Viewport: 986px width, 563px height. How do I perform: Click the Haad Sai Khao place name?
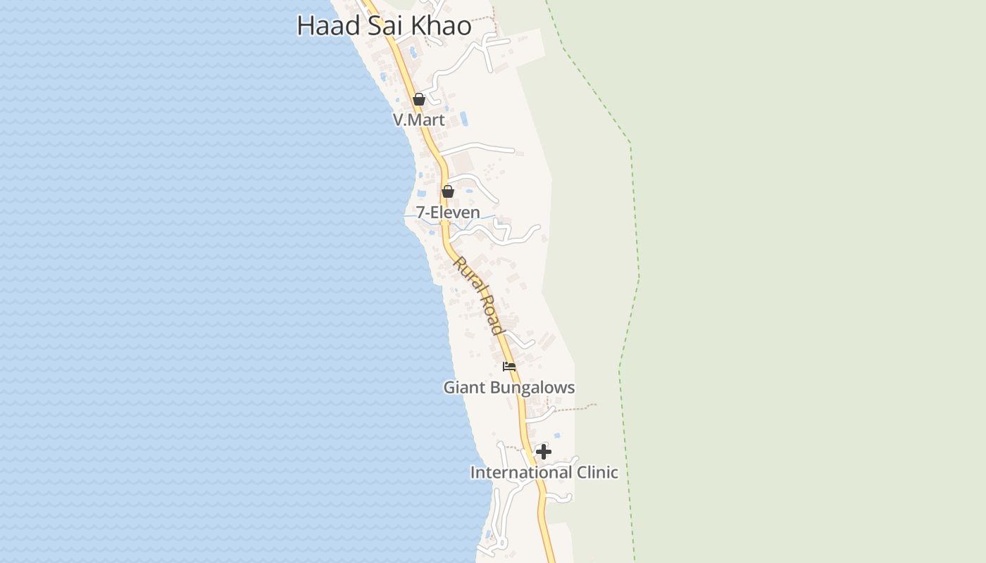point(384,25)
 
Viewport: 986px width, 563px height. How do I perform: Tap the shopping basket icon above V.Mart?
point(419,99)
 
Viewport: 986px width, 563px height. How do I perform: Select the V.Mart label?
point(419,120)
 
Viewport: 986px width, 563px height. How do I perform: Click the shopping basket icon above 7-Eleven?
point(447,191)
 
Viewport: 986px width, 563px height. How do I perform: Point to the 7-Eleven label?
point(448,213)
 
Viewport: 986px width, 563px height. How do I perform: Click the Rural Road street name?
point(478,296)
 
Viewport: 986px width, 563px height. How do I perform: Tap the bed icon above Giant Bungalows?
point(509,366)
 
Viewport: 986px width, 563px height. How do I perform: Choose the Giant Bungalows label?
point(508,388)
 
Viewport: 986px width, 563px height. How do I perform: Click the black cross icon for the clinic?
point(544,452)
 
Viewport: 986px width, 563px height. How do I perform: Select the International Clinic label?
point(544,472)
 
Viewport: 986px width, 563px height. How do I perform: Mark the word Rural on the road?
point(466,275)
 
